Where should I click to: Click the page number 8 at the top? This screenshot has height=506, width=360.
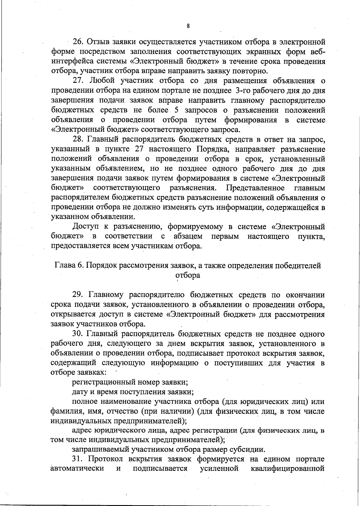point(188,26)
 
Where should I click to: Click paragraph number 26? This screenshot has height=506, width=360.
point(77,42)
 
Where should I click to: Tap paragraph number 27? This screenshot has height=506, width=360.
point(77,81)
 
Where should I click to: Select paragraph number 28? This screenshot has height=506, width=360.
point(77,139)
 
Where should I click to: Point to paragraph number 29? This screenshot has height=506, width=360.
point(77,295)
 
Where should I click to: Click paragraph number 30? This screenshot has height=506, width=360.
point(77,334)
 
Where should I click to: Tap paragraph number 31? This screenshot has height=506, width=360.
point(77,459)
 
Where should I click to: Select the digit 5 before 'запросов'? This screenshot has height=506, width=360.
point(177,110)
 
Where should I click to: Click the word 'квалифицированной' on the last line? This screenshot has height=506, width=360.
point(287,468)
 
